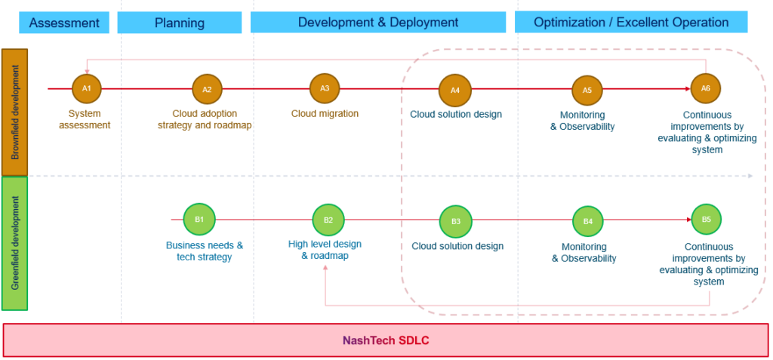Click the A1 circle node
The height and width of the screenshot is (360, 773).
click(87, 89)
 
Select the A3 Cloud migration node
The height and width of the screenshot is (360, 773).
click(325, 88)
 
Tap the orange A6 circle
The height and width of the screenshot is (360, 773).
click(706, 88)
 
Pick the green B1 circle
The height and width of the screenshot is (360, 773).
click(199, 219)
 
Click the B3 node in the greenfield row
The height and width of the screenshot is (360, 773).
click(456, 221)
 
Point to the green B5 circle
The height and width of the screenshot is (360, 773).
click(707, 220)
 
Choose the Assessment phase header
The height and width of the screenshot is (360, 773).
click(64, 23)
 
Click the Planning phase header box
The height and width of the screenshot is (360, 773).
click(180, 23)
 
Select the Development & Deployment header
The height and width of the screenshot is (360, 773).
click(378, 22)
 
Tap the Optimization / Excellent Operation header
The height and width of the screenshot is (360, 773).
click(631, 22)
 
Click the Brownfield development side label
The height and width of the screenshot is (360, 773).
click(14, 112)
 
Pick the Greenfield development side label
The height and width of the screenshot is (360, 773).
click(14, 243)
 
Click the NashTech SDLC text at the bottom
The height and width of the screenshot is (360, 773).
click(386, 340)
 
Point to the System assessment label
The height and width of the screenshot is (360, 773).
click(85, 119)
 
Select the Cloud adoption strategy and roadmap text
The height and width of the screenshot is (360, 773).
click(205, 119)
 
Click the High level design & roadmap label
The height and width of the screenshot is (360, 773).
click(325, 250)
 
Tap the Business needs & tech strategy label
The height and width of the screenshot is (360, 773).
click(205, 251)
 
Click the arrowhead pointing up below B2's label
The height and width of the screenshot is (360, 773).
click(325, 267)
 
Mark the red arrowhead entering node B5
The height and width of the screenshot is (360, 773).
click(688, 220)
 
